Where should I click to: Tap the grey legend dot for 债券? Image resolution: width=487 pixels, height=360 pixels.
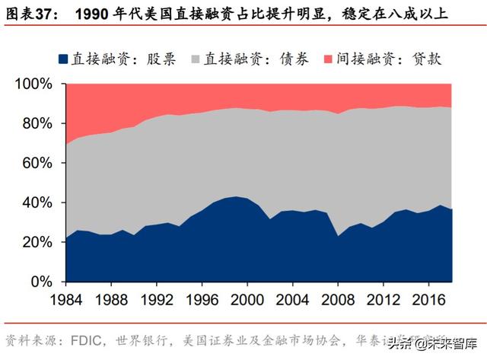click(x=196, y=59)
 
